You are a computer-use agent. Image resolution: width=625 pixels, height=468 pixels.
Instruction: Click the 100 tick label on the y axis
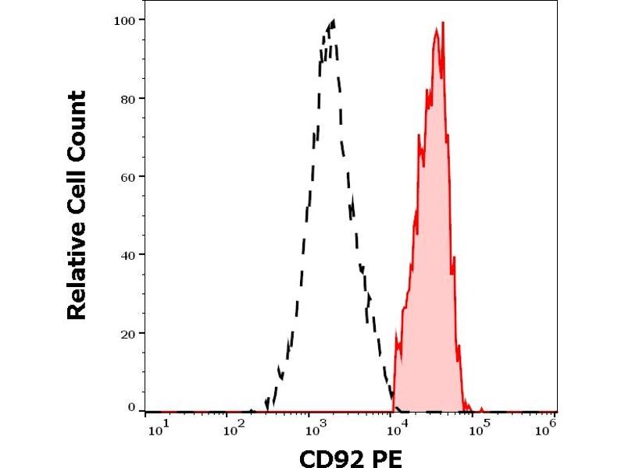click(x=123, y=19)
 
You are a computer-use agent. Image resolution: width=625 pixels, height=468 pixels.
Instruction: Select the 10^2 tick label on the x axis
click(x=234, y=428)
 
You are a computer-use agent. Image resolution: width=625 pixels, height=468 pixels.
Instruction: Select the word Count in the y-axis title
click(x=77, y=122)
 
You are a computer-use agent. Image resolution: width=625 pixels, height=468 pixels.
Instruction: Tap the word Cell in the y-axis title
click(x=77, y=190)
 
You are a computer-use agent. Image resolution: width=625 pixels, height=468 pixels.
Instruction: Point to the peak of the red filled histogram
click(x=442, y=23)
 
